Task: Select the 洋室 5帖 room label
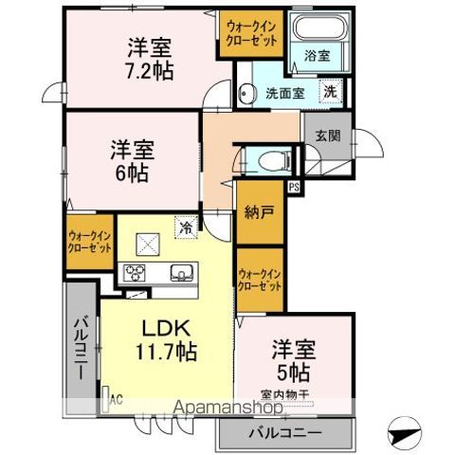(293, 358)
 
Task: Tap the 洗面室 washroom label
(282, 93)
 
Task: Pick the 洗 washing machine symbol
(329, 92)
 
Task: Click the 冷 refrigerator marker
(187, 227)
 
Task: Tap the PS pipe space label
(294, 187)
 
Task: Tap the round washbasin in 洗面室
(248, 93)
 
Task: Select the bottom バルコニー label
(285, 434)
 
